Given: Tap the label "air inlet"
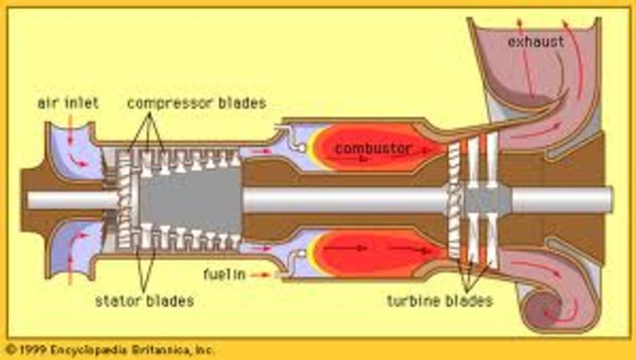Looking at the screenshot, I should coord(65,102).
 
